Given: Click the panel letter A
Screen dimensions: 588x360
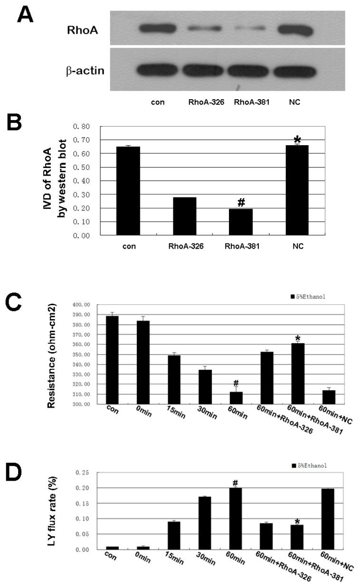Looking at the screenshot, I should click(26, 15).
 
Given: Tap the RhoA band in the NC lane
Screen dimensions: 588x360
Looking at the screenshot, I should click(295, 30).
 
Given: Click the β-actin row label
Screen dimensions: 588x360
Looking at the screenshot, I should click(85, 72).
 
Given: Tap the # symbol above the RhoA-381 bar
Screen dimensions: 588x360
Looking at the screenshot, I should click(241, 202).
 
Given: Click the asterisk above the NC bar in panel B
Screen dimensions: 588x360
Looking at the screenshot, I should click(297, 140).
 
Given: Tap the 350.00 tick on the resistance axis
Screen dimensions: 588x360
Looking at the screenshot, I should click(82, 355).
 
